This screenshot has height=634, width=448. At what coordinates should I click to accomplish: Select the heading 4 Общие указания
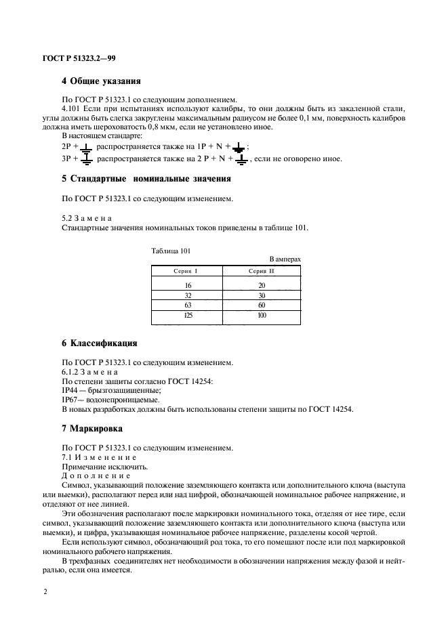point(101,81)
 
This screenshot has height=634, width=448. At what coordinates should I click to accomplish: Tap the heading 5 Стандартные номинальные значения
point(146,179)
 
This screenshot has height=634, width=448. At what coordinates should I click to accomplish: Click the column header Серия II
point(262,271)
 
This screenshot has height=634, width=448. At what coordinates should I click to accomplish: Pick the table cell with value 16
point(188,285)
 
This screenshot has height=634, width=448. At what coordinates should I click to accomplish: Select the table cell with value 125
point(188,316)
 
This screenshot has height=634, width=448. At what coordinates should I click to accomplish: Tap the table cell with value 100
point(262,316)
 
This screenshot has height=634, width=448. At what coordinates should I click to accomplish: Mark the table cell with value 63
point(188,305)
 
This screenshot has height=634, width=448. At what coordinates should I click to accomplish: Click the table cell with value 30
point(262,295)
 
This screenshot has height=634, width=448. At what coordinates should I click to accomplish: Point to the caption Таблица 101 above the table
point(171,250)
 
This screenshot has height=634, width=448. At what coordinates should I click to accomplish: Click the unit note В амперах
point(285,259)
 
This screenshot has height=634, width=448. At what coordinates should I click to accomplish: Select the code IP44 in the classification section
point(70,391)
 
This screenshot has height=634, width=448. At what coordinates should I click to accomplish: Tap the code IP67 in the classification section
point(70,400)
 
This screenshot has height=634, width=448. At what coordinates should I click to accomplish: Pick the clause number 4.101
point(72,108)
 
